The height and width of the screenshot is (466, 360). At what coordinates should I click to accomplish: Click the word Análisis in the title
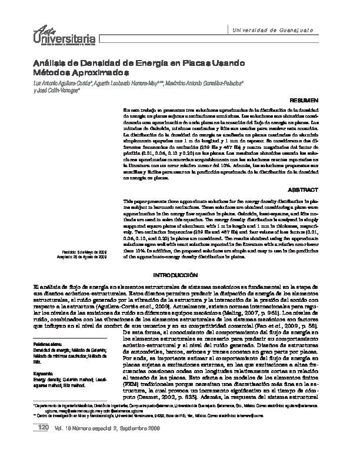(x=51, y=62)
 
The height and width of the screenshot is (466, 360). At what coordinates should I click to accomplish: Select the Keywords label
(x=44, y=373)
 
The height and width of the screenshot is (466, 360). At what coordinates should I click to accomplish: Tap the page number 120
(x=42, y=443)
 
